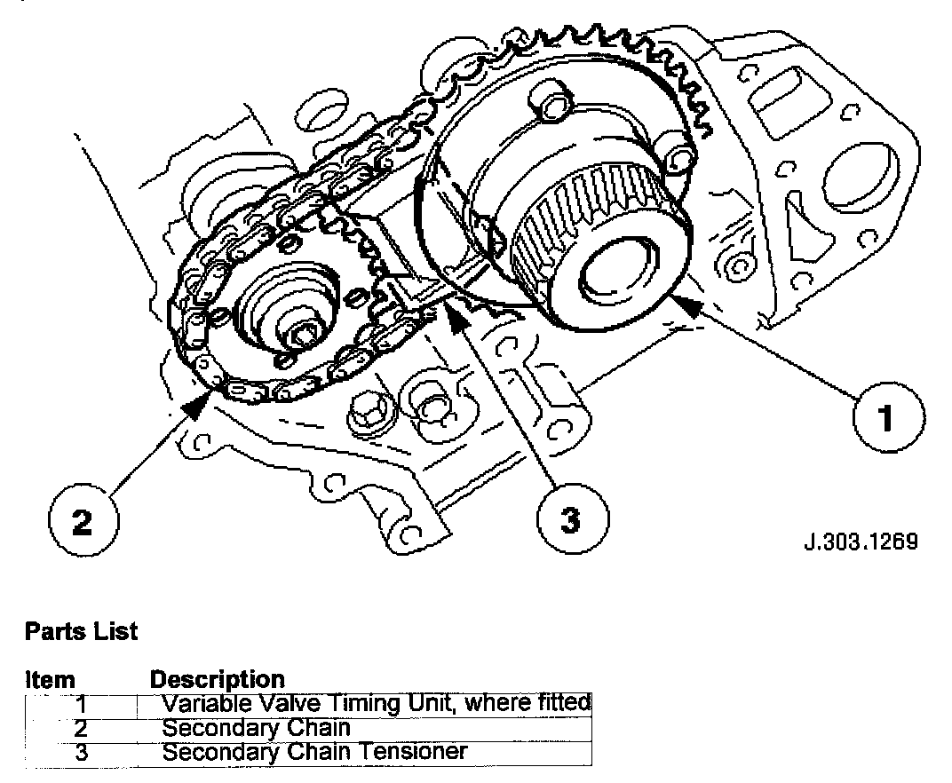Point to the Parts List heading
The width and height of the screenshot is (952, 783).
pyautogui.click(x=82, y=632)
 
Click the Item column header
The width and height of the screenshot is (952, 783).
pyautogui.click(x=51, y=681)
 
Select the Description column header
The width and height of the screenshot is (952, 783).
pyautogui.click(x=218, y=680)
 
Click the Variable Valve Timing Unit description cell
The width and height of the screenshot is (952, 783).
pyautogui.click(x=377, y=704)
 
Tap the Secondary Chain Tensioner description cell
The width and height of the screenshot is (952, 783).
pyautogui.click(x=314, y=752)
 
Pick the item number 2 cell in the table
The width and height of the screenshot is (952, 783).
pyautogui.click(x=81, y=729)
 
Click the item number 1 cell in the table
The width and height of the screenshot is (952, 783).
pyautogui.click(x=81, y=705)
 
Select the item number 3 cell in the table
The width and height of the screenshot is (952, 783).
pyautogui.click(x=81, y=753)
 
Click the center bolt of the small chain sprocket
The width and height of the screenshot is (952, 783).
pyautogui.click(x=305, y=335)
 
